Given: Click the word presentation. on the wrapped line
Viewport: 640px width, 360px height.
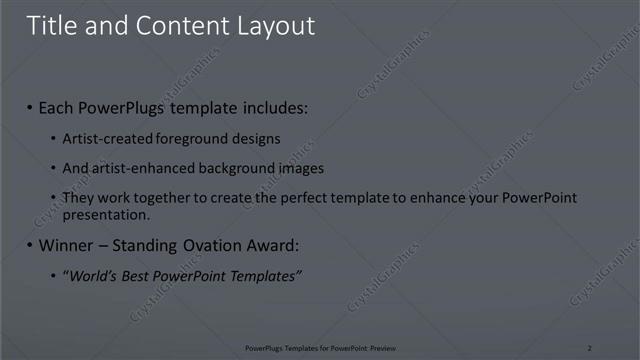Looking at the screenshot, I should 106,214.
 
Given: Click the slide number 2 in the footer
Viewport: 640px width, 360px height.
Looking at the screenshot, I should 590,347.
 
